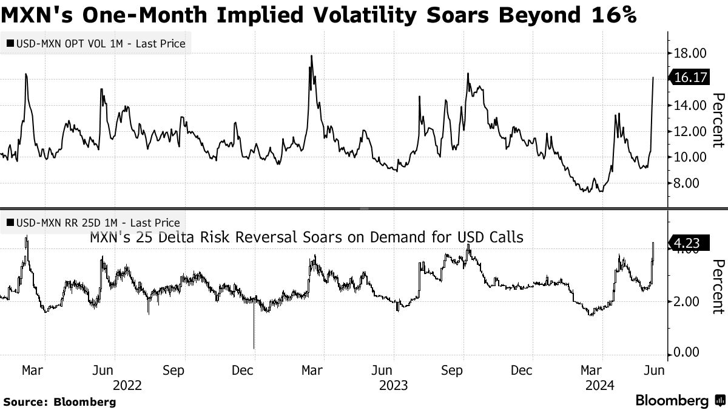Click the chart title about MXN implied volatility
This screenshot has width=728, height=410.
click(x=318, y=14)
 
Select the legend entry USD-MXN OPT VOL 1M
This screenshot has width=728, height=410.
click(x=97, y=44)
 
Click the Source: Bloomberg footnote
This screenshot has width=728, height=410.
click(x=59, y=401)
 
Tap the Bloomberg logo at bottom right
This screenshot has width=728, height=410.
click(x=679, y=401)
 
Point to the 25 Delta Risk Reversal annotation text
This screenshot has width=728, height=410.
click(x=306, y=237)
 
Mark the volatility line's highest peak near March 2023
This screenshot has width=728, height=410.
click(x=311, y=56)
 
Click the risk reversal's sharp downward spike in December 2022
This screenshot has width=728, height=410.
click(x=254, y=346)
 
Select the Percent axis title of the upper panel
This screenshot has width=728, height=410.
click(x=718, y=120)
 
